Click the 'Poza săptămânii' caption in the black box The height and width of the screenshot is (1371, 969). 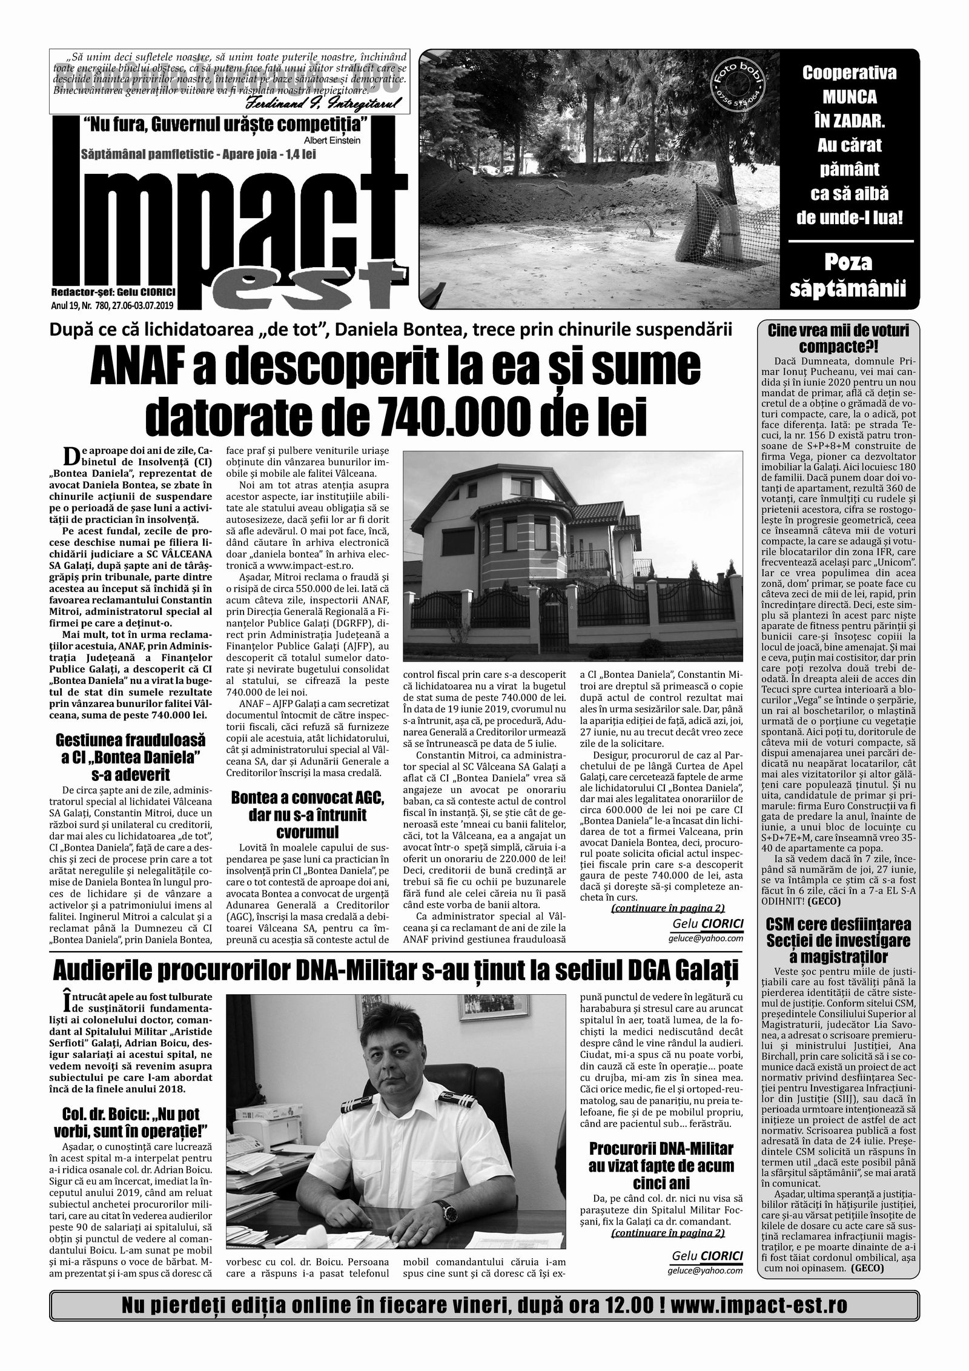pyautogui.click(x=848, y=276)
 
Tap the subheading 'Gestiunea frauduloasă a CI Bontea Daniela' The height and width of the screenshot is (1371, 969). pyautogui.click(x=131, y=757)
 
